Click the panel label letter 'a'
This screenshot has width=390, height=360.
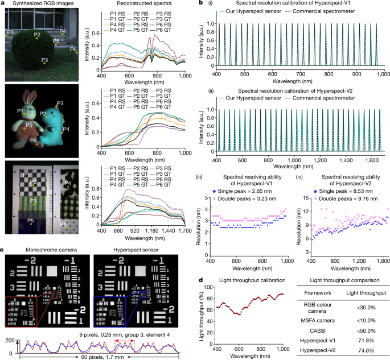click(x=3, y=5)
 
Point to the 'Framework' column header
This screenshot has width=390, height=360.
click(x=318, y=293)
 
